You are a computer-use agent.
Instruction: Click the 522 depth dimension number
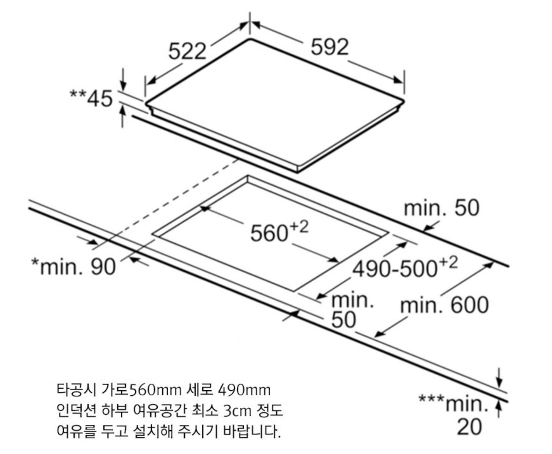tap(187, 51)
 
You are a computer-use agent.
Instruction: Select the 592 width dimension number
tap(329, 47)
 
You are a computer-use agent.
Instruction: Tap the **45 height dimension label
tap(91, 99)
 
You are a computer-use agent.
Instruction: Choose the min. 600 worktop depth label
tap(444, 305)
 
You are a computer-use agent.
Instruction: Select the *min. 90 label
tap(73, 267)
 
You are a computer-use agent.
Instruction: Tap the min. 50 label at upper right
tap(441, 208)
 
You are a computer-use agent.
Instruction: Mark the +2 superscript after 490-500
tap(448, 262)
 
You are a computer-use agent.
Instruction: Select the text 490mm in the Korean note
tap(244, 390)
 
